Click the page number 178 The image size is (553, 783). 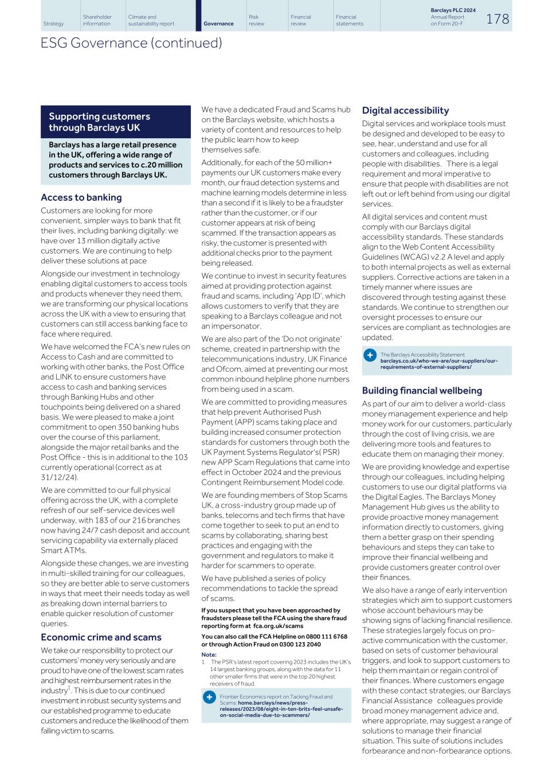[497, 18]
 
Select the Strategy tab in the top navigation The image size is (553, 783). [53, 24]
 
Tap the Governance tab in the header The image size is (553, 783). [218, 24]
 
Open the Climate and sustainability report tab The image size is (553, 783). [151, 21]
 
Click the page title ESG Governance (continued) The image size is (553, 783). [131, 43]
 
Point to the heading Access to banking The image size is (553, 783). [81, 197]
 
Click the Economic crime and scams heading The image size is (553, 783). [101, 637]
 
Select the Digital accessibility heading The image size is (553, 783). [405, 110]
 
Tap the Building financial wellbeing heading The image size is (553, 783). [422, 391]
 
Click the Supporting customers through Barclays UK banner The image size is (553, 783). [115, 122]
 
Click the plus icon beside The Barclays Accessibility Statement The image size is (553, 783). [370, 355]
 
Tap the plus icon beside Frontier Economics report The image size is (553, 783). [210, 696]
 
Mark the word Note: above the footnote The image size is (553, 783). [209, 655]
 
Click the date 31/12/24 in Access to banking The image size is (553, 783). [59, 477]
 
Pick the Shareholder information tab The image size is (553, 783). [97, 21]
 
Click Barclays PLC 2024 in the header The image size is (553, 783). [453, 10]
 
